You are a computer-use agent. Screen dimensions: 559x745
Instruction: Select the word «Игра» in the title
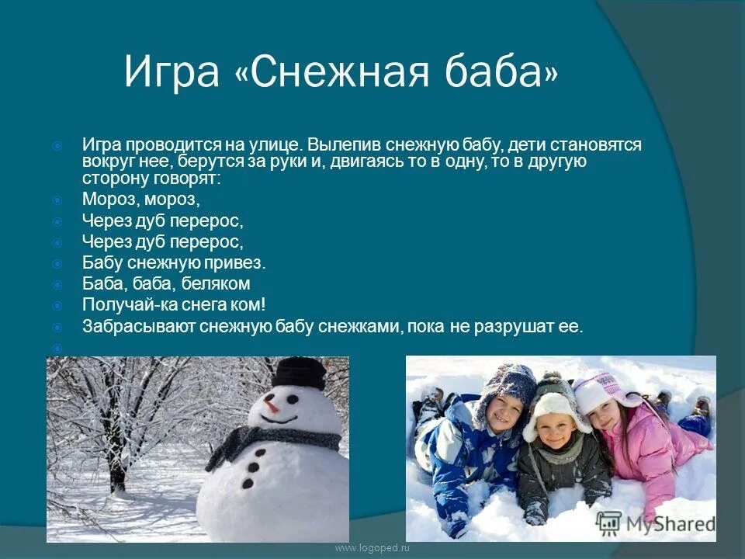tap(172, 72)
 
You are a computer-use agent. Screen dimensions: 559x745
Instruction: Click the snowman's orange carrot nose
tap(272, 404)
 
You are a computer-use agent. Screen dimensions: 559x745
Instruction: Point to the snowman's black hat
tap(298, 375)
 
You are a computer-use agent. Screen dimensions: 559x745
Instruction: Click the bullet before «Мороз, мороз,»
tap(57, 200)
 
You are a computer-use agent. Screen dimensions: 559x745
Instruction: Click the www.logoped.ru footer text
tap(371, 548)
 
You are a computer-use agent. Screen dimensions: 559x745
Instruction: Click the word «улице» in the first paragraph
tap(272, 145)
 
